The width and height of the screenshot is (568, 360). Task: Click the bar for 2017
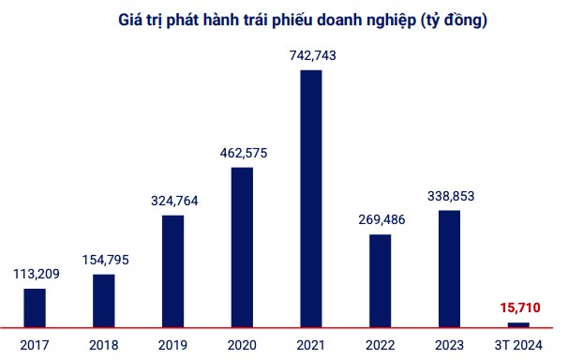coord(35,308)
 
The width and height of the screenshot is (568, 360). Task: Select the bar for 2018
coord(104,301)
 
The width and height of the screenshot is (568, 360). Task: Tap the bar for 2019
coord(172,272)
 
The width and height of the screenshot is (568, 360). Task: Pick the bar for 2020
coord(242,247)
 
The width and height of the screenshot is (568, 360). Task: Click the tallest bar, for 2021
coord(311,199)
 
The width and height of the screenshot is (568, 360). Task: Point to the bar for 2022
coord(381,281)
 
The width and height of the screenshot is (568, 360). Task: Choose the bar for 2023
coord(450,269)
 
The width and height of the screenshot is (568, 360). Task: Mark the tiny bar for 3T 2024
coord(518,325)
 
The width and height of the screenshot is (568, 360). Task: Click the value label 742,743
coord(313,55)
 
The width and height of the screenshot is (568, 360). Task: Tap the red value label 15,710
coord(520,307)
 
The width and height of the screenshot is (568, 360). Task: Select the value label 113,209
coord(37,274)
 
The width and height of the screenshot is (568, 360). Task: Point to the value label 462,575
coord(244,153)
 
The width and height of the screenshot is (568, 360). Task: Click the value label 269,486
coord(381,219)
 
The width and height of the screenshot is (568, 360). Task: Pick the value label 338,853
coord(451,196)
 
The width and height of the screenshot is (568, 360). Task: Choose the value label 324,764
coord(174,201)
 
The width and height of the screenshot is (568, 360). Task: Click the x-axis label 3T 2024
coord(518,345)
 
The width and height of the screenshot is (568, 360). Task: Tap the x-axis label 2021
coord(311,345)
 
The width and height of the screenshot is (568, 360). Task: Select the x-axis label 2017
coord(35,345)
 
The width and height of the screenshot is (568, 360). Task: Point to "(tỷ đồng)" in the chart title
coord(454,21)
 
